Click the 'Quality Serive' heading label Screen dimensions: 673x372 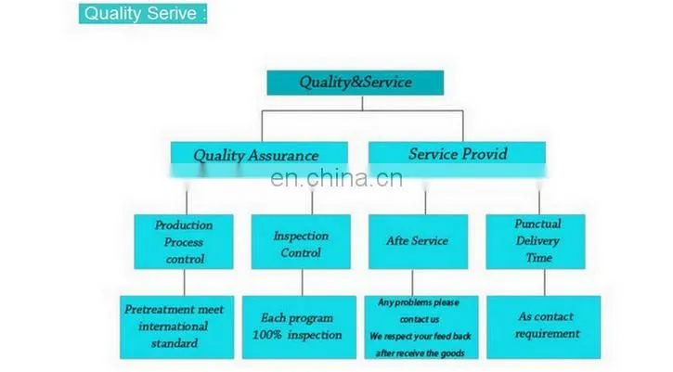click(143, 13)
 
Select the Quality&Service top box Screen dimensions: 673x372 click(356, 83)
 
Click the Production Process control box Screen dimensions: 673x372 click(184, 242)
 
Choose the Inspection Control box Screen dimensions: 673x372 click(301, 242)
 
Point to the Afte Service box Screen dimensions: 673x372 click(418, 242)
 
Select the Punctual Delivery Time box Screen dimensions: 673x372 click(536, 242)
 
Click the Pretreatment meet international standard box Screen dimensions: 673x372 click(176, 327)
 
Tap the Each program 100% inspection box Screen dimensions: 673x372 click(299, 327)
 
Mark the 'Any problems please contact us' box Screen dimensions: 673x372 click(421, 327)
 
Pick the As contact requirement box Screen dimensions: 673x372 click(544, 327)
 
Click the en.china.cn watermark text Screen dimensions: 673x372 click(337, 178)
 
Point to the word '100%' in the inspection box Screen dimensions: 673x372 click(266, 335)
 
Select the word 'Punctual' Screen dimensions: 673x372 click(537, 224)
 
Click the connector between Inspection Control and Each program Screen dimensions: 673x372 click(303, 282)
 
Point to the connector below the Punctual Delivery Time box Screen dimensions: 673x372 click(545, 282)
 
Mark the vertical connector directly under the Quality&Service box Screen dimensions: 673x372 click(362, 103)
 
